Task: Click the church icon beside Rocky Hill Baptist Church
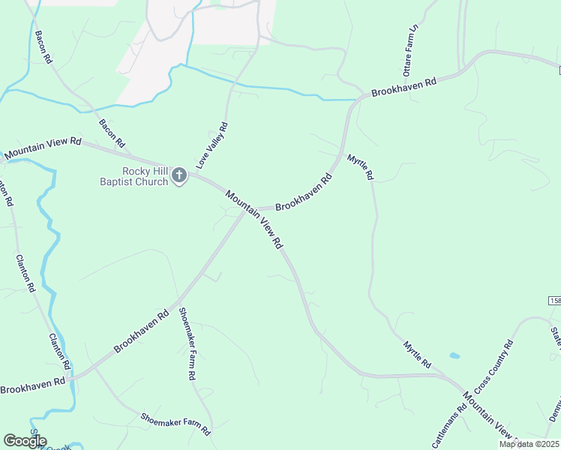pos(178,175)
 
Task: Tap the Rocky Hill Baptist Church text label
pos(135,175)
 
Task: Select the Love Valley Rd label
pos(212,145)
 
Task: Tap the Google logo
pos(25,440)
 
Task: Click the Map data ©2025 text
pos(529,444)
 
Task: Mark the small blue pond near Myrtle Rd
pos(454,355)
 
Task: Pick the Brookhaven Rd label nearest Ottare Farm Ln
pos(404,86)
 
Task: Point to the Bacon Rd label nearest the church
pos(112,133)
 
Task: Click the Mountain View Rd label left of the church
pos(43,148)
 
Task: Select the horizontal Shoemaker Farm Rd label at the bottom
pos(175,424)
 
